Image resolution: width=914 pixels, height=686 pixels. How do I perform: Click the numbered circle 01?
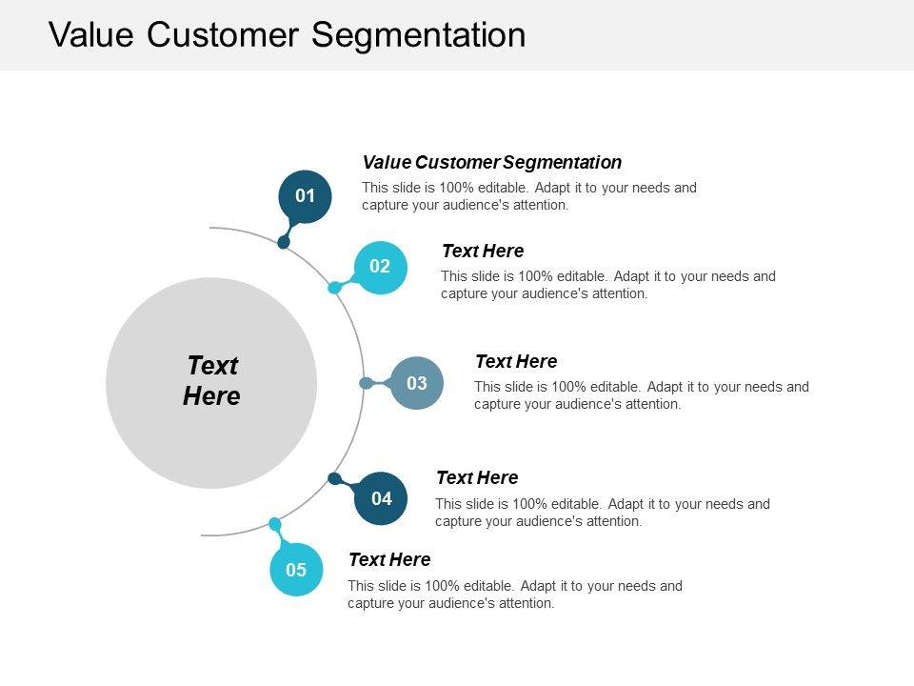[x=305, y=196]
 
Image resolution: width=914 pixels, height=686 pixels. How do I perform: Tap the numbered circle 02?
[x=380, y=267]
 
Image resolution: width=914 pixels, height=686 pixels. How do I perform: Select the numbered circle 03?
[x=417, y=383]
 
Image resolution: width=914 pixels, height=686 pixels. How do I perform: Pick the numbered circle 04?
[x=381, y=498]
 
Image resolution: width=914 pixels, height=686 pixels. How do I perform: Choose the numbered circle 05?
[x=296, y=570]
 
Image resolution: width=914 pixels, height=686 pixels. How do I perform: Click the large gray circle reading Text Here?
[x=211, y=382]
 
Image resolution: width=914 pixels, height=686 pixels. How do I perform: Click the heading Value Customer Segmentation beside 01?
[x=492, y=162]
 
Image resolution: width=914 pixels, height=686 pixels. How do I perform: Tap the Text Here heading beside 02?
[x=483, y=252]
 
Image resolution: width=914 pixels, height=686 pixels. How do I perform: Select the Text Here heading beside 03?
[x=516, y=362]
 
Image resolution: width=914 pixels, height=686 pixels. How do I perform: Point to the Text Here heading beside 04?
[x=477, y=477]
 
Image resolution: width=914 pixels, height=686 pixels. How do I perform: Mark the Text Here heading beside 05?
[x=389, y=559]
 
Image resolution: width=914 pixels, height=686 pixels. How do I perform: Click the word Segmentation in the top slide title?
[x=419, y=35]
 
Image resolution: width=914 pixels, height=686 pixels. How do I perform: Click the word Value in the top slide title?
[x=91, y=35]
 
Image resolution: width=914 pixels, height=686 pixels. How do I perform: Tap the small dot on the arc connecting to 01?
[x=284, y=242]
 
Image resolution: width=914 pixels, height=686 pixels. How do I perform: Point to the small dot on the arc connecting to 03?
[x=366, y=383]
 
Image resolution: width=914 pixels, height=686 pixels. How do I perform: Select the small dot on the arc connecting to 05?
[x=275, y=524]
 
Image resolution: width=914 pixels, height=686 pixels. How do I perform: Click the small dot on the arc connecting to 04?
[x=334, y=478]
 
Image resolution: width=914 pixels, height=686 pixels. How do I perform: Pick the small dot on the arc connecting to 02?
[x=334, y=287]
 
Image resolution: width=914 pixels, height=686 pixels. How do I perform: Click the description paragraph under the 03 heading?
[x=641, y=395]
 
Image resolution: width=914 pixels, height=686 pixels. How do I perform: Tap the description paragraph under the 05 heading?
[x=514, y=595]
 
